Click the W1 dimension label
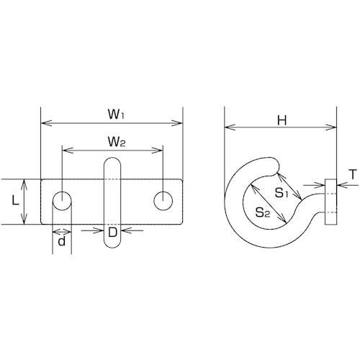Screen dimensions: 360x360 116,114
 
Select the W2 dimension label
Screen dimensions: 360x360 117,142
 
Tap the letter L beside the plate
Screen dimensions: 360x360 16,201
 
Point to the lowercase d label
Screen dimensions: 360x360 62,241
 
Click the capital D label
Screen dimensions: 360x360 112,233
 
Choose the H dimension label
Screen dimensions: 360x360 282,120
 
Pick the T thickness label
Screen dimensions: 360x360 353,174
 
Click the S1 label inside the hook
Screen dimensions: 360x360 281,192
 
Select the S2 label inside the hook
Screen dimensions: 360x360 263,212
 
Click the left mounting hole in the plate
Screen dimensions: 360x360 62,201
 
